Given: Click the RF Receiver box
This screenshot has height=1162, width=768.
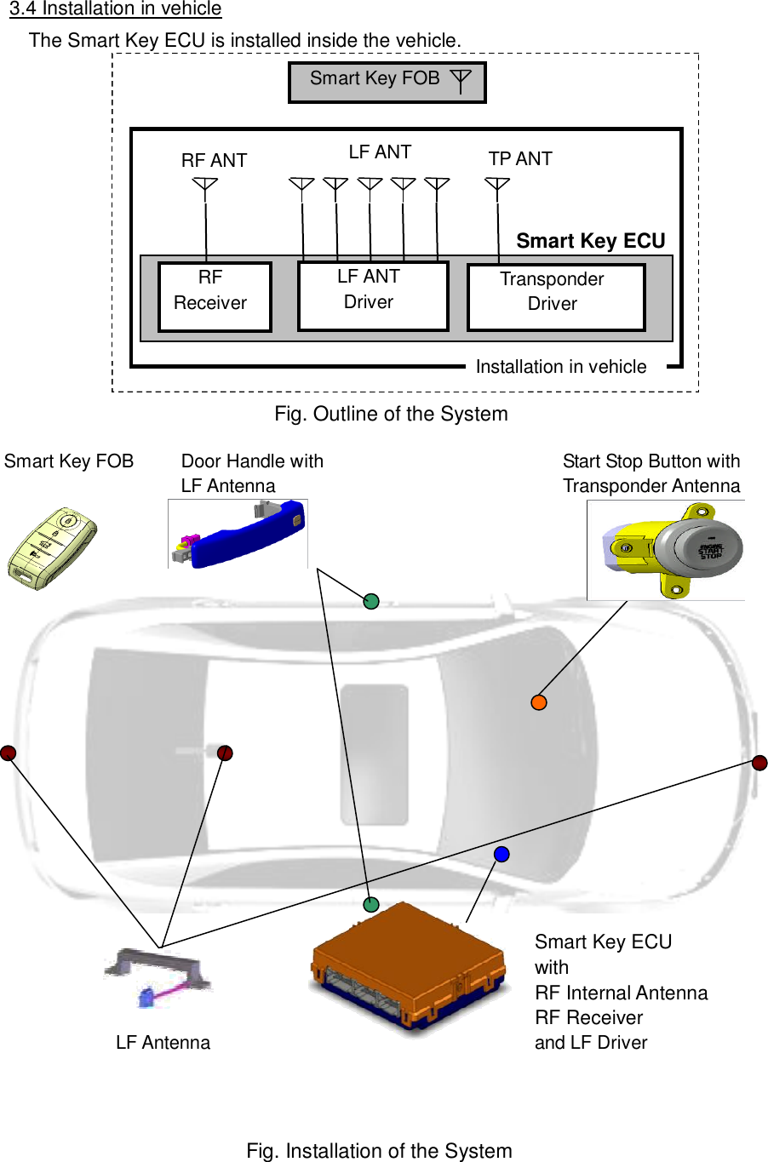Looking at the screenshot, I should coord(215,296).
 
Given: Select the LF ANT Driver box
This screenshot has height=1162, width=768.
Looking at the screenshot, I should coord(372,295).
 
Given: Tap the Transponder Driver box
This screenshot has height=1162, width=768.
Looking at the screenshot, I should coord(555,297).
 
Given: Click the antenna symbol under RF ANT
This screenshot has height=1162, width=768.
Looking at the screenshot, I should coord(205,185).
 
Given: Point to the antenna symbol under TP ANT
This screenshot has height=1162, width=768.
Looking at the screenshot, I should coord(497,185).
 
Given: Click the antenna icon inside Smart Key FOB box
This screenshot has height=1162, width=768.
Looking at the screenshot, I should coord(460,81).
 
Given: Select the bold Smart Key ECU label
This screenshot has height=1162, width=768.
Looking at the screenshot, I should coord(590,241).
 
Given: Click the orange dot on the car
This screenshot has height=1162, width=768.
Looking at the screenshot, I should coord(538,702).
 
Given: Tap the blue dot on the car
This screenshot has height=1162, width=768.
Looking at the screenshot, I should coord(501,854).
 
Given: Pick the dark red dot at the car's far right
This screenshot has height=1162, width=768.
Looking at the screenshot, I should coord(759,762).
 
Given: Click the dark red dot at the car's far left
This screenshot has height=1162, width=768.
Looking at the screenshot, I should coord(8,753).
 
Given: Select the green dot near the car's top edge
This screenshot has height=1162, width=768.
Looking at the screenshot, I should coord(370,602).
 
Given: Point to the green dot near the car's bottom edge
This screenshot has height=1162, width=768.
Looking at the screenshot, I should coord(370,904).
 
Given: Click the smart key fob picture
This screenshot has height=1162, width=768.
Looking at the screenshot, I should coord(51,547).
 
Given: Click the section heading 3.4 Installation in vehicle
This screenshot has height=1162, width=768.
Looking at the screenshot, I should coord(115,9).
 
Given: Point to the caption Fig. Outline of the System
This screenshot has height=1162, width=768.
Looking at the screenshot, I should coord(391,414).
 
